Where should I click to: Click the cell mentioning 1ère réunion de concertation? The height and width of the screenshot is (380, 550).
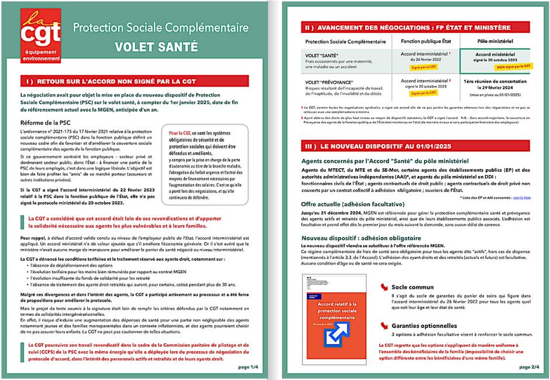click(498, 82)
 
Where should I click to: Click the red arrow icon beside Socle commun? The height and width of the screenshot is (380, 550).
click(384, 287)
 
